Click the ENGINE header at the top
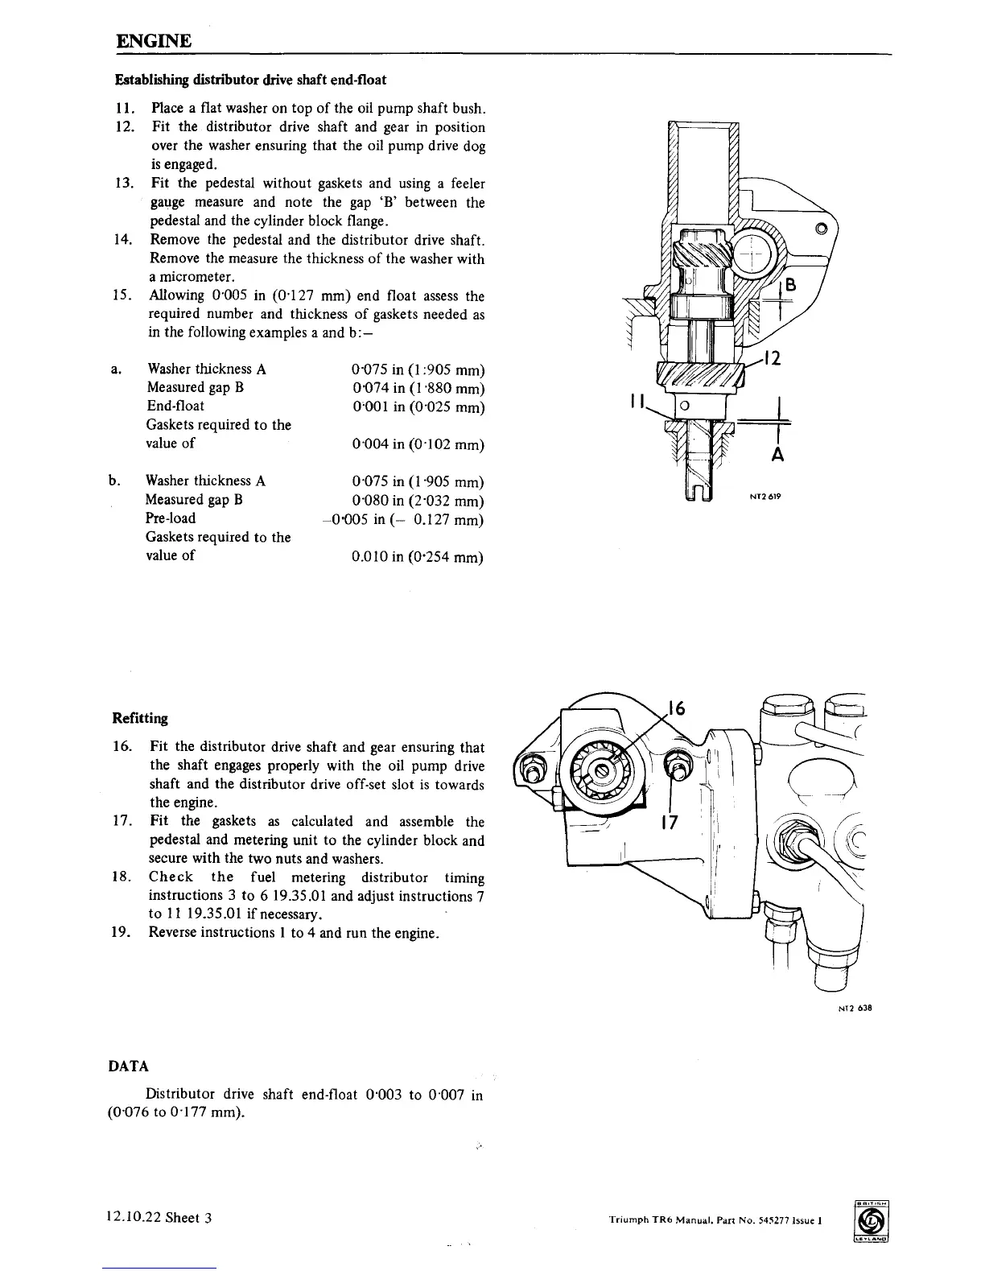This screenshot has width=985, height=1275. tap(154, 40)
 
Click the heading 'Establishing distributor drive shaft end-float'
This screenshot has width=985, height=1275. tap(251, 80)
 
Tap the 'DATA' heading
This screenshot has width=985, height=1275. tap(128, 1067)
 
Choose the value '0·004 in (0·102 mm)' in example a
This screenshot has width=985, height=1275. tap(418, 444)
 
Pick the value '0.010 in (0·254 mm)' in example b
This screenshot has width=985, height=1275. tap(418, 556)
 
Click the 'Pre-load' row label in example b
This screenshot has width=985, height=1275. tap(171, 518)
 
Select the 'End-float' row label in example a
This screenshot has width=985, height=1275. tap(175, 406)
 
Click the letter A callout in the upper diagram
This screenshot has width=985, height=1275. tap(777, 456)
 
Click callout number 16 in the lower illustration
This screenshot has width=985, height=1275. tap(676, 708)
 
